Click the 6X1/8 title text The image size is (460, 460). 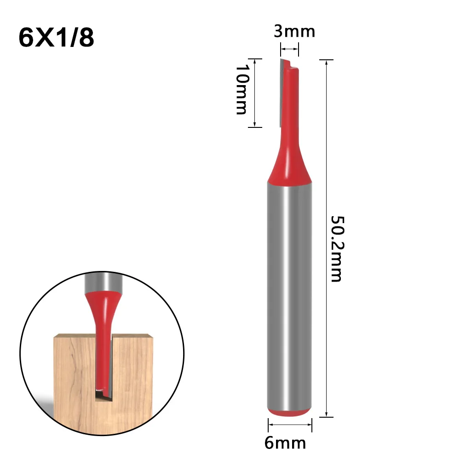pyautogui.click(x=57, y=38)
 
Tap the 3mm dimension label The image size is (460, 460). pyautogui.click(x=288, y=32)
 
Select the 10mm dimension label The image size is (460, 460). pyautogui.click(x=241, y=89)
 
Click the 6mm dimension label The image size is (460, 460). pyautogui.click(x=285, y=443)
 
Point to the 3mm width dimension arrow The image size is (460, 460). pyautogui.click(x=290, y=48)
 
